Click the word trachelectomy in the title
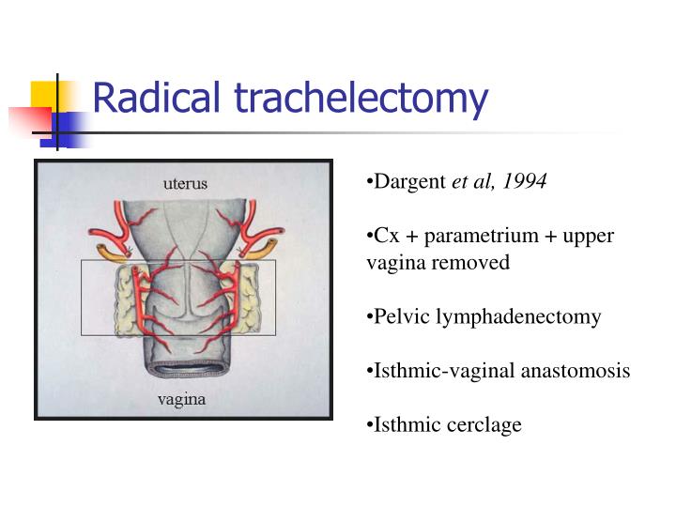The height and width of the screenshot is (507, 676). point(361,99)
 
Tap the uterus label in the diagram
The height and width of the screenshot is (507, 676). point(184,183)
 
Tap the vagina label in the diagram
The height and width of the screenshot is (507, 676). point(181,399)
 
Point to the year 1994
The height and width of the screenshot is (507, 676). point(525,181)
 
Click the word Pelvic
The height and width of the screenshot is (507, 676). point(399,316)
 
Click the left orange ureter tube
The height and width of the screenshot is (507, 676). point(111,253)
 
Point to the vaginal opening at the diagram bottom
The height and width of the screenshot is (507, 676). point(185,369)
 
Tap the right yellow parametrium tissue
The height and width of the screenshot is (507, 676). point(248,293)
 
